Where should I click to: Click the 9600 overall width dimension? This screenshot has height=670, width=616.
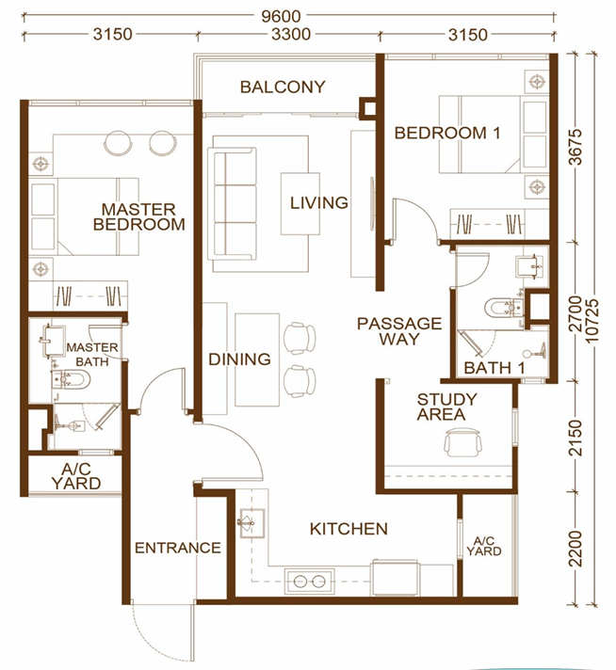[281, 16]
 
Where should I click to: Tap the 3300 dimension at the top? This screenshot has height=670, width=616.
[291, 34]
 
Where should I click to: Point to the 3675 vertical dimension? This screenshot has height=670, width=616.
[576, 146]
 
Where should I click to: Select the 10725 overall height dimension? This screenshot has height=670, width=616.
[594, 321]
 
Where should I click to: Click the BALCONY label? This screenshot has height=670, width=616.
[283, 87]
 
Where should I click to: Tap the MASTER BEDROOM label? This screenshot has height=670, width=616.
[139, 216]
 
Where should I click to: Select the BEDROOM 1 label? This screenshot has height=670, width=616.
[447, 133]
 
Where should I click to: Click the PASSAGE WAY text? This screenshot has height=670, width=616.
[399, 331]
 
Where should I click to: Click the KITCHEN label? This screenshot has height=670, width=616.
[349, 529]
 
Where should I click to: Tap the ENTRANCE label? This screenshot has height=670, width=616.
[177, 548]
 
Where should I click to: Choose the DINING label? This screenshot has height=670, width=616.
[239, 359]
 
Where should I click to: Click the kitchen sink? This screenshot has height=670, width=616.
[252, 523]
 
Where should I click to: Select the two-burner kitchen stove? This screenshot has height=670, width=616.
[310, 581]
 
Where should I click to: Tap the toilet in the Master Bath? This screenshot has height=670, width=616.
[71, 379]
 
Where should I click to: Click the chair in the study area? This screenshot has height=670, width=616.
[462, 443]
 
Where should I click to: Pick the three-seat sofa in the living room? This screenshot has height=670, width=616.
[233, 204]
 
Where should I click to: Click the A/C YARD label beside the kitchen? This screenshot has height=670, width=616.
[484, 546]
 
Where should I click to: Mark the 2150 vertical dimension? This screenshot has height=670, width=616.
[576, 438]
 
